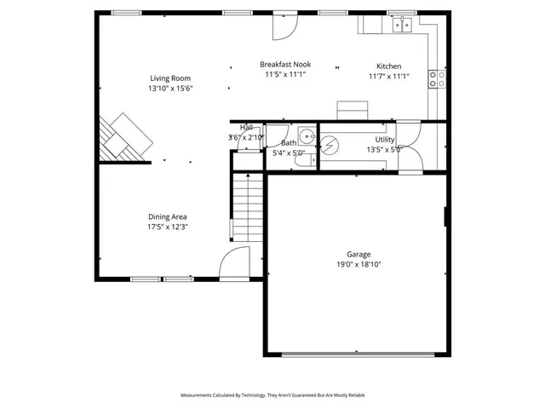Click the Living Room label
(170, 78)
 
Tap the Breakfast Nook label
(284, 64)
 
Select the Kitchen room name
(389, 66)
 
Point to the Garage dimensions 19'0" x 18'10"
(358, 264)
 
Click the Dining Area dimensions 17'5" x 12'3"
(167, 227)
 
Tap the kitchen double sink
(402, 25)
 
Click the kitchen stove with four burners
(437, 79)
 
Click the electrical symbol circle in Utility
(330, 145)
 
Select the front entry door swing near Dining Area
(233, 263)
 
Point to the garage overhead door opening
(358, 354)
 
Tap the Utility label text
(385, 139)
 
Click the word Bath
(289, 143)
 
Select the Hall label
(246, 127)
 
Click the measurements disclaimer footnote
(272, 395)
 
